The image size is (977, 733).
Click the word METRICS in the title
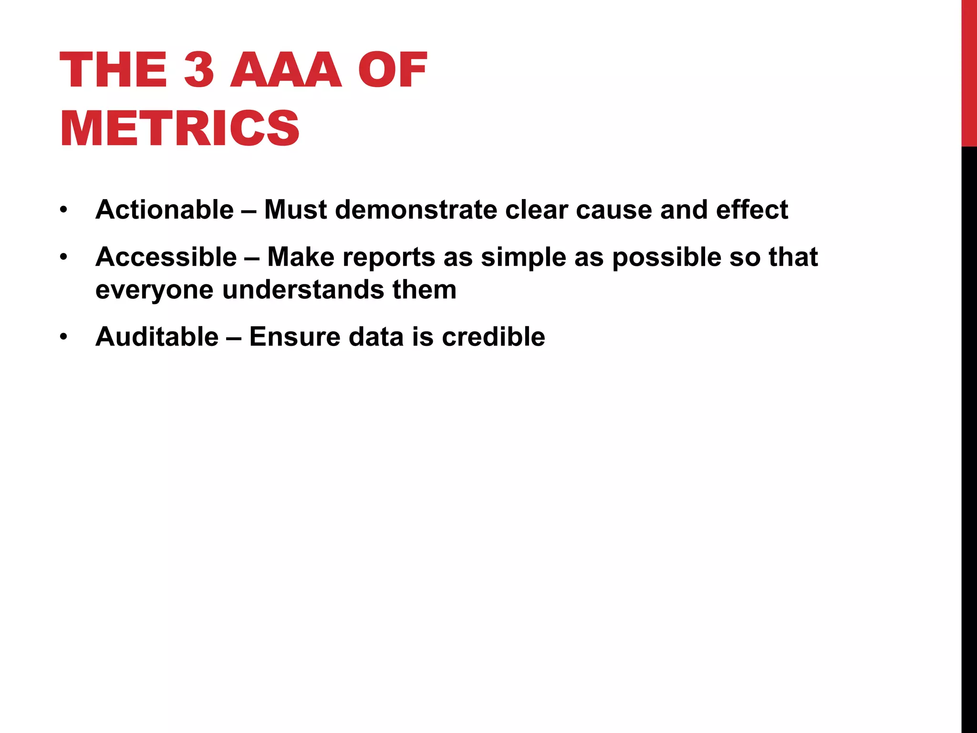[180, 128]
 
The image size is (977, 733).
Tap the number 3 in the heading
[198, 70]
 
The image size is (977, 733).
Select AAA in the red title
[286, 70]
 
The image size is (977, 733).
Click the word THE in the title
[113, 70]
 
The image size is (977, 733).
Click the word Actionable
[165, 209]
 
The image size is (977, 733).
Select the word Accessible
[166, 257]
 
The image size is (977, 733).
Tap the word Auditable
[157, 336]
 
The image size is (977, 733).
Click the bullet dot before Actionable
[64, 210]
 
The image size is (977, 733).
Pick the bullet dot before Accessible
[64, 257]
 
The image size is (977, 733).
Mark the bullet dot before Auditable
[64, 337]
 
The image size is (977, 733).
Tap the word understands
[303, 289]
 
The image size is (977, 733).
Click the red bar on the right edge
[969, 72]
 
